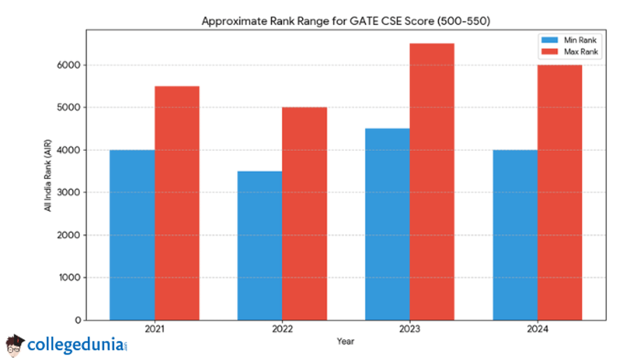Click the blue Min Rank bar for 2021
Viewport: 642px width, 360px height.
(x=132, y=235)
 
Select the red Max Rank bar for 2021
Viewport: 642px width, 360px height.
(x=177, y=203)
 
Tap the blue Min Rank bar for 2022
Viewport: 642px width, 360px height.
(x=259, y=246)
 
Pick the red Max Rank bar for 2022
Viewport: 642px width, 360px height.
(x=304, y=214)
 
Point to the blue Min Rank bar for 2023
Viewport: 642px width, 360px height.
(x=387, y=224)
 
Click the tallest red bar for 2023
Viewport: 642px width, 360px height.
(x=432, y=182)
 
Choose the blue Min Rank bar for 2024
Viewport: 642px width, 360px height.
(x=515, y=235)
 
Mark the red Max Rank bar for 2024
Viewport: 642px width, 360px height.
(x=560, y=193)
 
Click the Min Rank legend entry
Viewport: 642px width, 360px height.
(x=570, y=40)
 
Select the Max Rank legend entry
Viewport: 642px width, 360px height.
(x=570, y=52)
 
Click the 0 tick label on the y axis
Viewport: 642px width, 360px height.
(x=78, y=320)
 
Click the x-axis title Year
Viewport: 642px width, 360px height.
(x=346, y=341)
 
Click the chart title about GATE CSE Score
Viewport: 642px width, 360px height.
(x=346, y=21)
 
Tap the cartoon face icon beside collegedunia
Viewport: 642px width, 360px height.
(x=15, y=345)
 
